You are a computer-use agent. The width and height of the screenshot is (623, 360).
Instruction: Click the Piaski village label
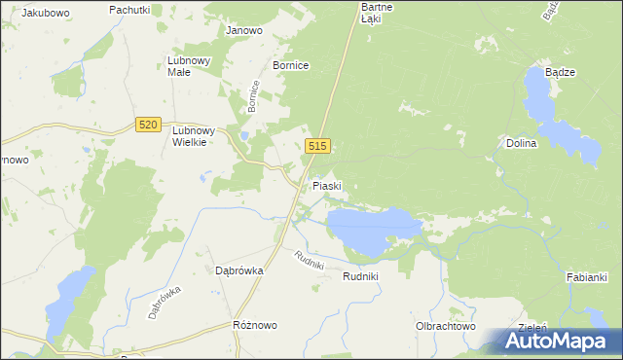point(326,185)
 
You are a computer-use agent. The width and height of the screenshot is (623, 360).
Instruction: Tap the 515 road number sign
point(318,146)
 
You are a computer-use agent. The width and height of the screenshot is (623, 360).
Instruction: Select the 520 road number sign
point(147,125)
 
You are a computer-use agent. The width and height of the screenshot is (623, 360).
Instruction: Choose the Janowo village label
point(244,30)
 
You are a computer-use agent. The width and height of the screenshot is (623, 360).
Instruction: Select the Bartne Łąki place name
point(371,12)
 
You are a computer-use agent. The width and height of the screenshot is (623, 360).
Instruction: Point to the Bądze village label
point(560,73)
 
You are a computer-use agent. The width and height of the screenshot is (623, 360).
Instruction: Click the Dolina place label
point(522,143)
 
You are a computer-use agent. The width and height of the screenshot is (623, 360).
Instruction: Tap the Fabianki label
point(587,278)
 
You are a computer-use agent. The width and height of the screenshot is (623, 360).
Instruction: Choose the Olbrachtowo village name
point(445,327)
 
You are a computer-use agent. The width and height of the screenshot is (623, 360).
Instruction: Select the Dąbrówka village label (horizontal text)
point(234,271)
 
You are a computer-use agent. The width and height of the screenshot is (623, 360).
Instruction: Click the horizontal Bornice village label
point(290,65)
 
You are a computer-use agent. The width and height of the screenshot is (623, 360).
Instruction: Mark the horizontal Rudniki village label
point(360,277)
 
